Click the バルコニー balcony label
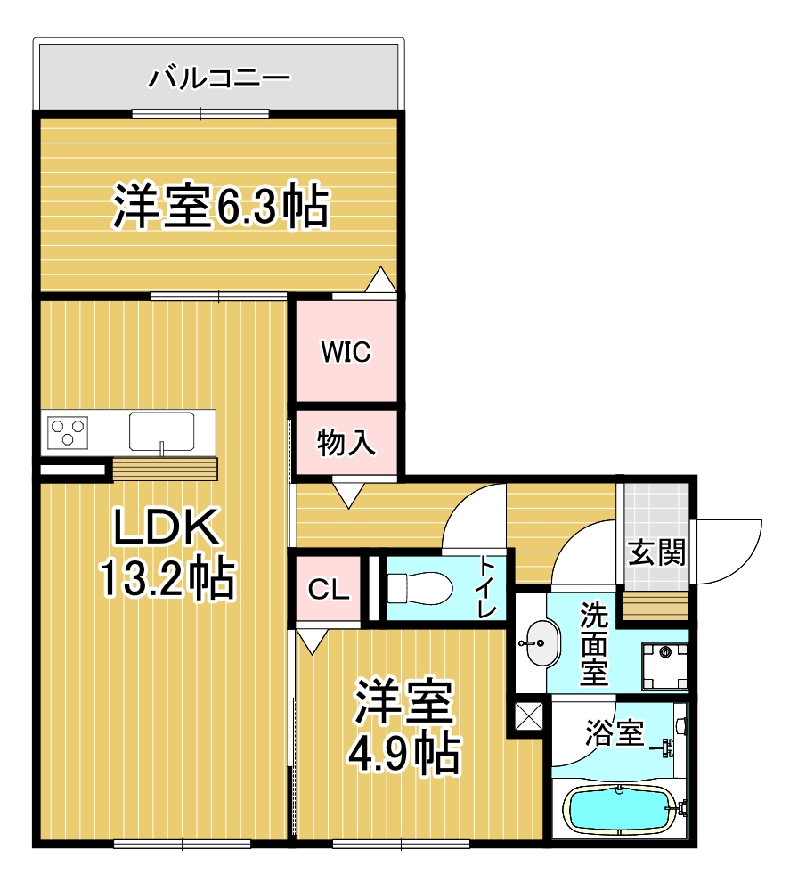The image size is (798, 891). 219,77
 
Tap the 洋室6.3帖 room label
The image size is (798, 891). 220,206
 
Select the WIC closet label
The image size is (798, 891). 346,352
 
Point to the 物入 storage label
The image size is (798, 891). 346,442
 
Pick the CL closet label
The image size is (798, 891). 328,590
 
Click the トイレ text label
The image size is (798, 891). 486,587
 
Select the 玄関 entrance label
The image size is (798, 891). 657,553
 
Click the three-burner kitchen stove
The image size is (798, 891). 69,432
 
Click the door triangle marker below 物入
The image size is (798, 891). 346,493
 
